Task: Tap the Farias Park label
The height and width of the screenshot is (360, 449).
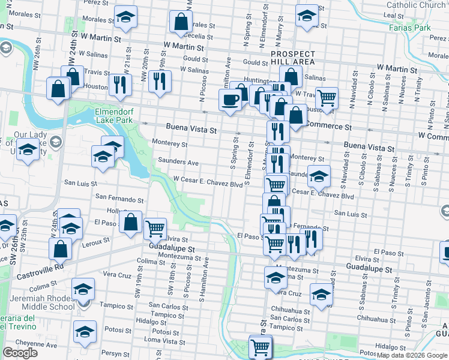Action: (x=410, y=28)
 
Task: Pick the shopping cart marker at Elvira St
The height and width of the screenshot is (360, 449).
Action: (x=155, y=227)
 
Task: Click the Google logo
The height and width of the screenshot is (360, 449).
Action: (x=20, y=353)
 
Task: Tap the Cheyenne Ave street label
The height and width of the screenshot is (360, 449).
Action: (x=37, y=345)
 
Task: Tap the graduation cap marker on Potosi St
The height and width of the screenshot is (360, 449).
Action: (x=85, y=330)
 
